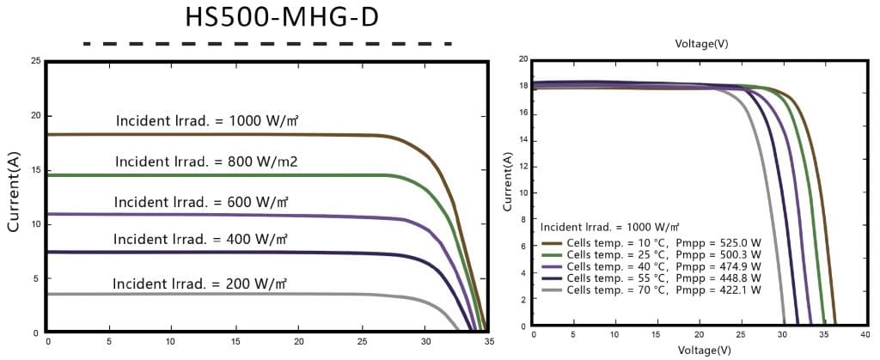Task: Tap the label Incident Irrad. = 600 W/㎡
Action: coord(200,202)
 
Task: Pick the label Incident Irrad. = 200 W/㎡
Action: coord(200,283)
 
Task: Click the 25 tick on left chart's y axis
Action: coord(34,62)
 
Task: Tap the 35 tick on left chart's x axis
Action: coord(488,342)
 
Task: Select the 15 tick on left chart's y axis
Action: coord(34,170)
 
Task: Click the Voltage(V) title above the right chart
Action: coord(701,42)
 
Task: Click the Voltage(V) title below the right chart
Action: coord(701,350)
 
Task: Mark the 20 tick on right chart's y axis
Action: coord(522,60)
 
